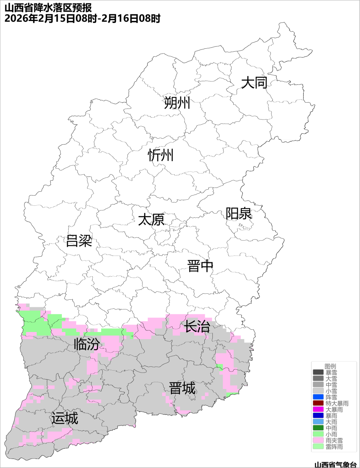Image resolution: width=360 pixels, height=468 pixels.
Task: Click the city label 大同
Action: tap(254, 83)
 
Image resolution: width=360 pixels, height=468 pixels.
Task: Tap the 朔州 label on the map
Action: tap(177, 103)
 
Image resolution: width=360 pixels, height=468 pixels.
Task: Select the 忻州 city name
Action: tap(161, 155)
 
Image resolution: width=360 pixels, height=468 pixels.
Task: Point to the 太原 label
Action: tap(151, 220)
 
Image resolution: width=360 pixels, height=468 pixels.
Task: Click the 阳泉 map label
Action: tap(238, 214)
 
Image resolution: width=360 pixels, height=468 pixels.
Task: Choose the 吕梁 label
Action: tap(79, 241)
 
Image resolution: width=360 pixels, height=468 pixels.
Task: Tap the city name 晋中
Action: tap(200, 266)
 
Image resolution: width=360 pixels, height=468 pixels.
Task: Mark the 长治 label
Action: tap(196, 327)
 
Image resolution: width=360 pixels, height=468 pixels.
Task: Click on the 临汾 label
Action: tap(87, 344)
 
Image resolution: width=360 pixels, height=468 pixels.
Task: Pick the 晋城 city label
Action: tap(182, 388)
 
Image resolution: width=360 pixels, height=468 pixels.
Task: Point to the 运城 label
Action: tap(65, 418)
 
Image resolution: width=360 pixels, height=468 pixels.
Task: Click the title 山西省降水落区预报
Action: tap(48, 7)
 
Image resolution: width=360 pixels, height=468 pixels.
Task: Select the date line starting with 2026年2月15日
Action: tap(82, 18)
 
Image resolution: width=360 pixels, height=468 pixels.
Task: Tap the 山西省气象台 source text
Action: tap(335, 465)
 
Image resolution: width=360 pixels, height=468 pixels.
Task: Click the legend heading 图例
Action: tap(330, 366)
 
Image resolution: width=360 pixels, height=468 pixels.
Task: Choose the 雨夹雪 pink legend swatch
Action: tap(318, 441)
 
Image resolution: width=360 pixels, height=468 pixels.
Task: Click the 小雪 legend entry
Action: tap(331, 391)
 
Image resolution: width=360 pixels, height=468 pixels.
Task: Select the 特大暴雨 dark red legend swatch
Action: tap(318, 404)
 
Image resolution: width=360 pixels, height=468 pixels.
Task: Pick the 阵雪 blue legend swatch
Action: tap(318, 397)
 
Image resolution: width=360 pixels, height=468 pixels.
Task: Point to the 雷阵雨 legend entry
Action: tap(334, 447)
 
